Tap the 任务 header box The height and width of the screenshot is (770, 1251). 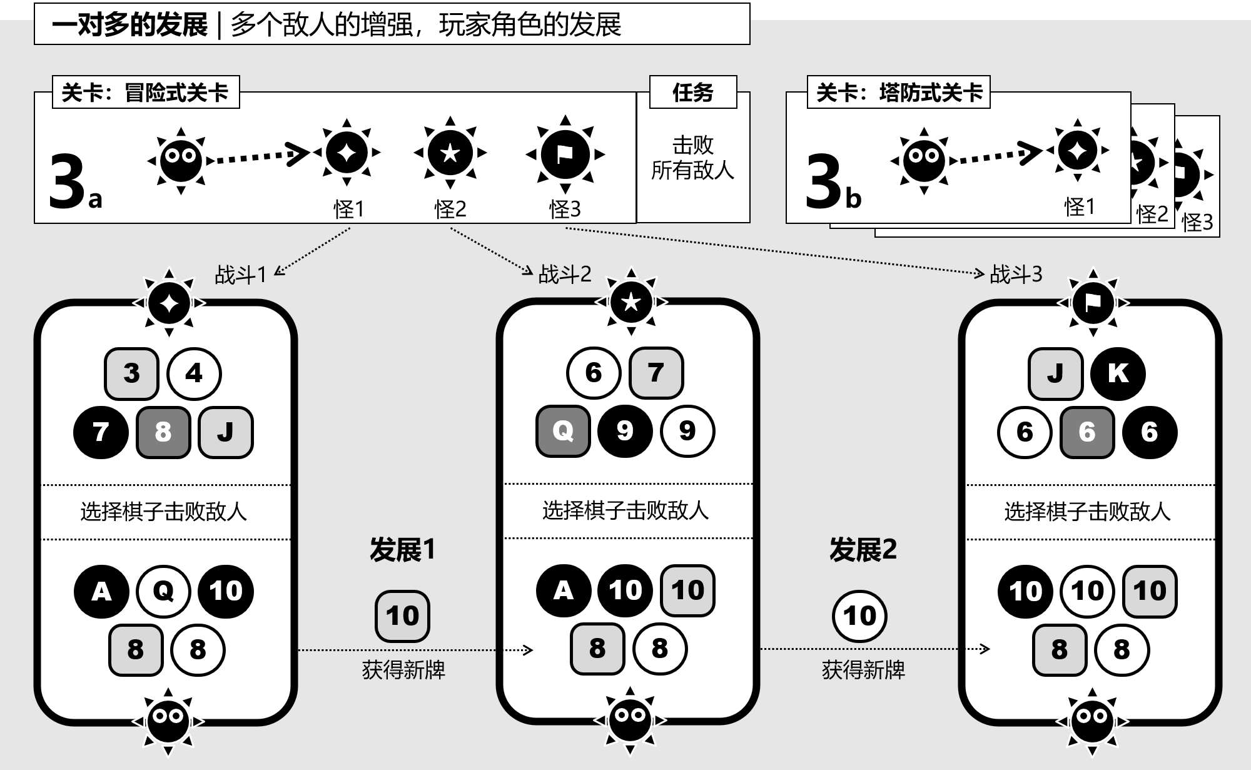[x=693, y=93]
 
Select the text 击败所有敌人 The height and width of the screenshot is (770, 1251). [x=692, y=158]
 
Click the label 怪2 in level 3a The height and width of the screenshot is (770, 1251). [x=450, y=209]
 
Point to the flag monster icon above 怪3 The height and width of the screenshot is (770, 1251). [x=565, y=154]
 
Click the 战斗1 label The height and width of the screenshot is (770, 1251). [x=241, y=275]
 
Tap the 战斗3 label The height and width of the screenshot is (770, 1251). [x=1016, y=274]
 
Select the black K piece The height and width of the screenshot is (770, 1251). [x=1118, y=373]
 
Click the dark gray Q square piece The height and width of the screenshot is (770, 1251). [x=563, y=431]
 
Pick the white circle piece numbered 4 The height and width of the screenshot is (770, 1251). [x=194, y=373]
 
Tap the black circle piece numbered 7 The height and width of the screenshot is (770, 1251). [x=101, y=432]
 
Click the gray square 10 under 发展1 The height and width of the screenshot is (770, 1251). [x=402, y=616]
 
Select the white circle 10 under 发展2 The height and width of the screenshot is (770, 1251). [x=859, y=616]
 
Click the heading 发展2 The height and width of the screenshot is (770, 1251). [x=863, y=550]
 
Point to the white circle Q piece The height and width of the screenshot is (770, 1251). [x=163, y=591]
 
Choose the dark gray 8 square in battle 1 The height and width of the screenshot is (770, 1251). [x=163, y=432]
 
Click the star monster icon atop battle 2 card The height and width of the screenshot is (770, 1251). [x=631, y=302]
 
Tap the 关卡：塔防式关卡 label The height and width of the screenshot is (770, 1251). [x=899, y=93]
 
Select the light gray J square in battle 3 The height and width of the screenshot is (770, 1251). [x=1055, y=373]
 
